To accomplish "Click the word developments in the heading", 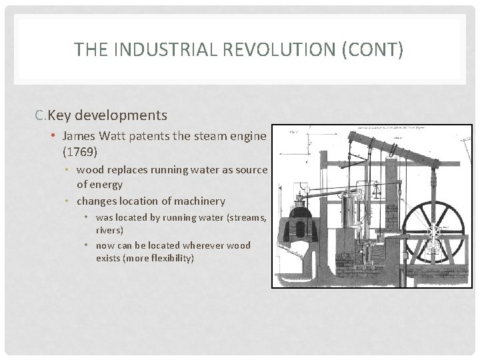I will [121, 115].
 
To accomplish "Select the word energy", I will [108, 184].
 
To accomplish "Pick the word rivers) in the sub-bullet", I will [110, 229].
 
